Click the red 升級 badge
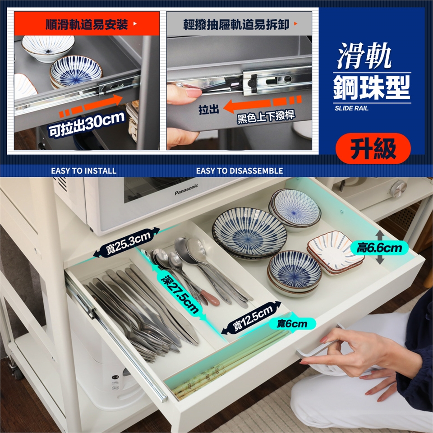point(373,148)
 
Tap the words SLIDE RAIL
point(351,108)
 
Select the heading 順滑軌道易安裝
point(87,24)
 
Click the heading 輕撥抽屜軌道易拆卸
point(236,24)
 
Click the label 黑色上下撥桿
point(266,116)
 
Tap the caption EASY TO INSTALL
point(84,170)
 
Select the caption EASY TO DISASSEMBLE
point(240,170)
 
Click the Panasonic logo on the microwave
point(186,190)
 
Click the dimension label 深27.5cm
point(180,295)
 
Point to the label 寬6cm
point(292,323)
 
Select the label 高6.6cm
point(379,248)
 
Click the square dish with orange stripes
point(336,253)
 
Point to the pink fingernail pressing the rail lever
point(194,92)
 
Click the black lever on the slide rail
point(252,82)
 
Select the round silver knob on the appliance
point(398,189)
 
